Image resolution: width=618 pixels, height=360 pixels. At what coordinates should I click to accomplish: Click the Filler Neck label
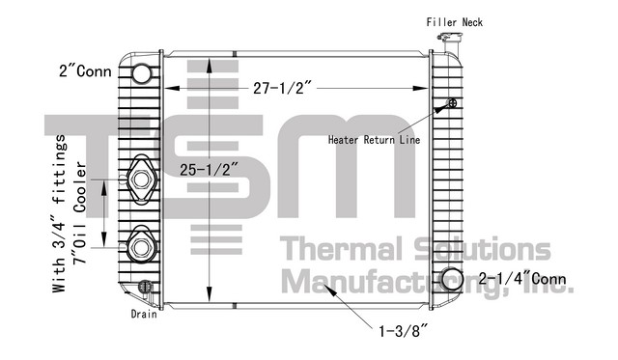[x=455, y=22]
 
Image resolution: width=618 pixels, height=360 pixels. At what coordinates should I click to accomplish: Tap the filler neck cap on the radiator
[x=449, y=38]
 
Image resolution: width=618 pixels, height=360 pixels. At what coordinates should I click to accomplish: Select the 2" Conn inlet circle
[x=141, y=73]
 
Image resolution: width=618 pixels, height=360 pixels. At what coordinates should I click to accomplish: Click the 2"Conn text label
[x=86, y=71]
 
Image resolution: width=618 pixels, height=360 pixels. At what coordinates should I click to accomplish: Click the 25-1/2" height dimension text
[x=210, y=170]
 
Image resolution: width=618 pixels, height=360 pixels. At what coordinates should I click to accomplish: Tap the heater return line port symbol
[x=453, y=103]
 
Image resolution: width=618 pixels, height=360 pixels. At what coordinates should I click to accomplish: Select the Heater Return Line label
[x=374, y=140]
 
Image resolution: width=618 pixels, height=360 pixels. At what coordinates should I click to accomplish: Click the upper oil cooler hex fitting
[x=141, y=180]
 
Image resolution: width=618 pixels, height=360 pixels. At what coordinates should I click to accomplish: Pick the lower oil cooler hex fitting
[x=141, y=247]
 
